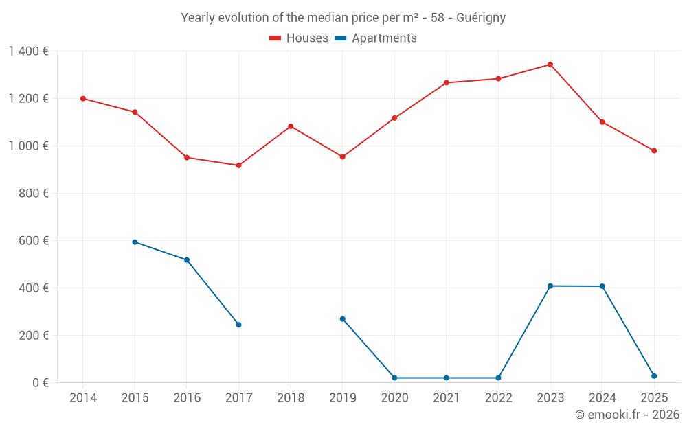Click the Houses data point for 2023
(550, 65)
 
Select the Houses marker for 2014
(83, 98)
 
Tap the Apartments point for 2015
(135, 242)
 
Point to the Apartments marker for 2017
(238, 325)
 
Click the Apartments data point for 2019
(343, 319)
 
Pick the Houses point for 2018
(291, 126)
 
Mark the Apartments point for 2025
(654, 376)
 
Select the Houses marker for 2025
(654, 151)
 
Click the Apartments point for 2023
(550, 286)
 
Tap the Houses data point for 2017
(238, 165)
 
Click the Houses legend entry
(299, 38)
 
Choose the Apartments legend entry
(376, 38)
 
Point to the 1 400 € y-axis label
(28, 51)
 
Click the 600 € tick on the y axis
(34, 241)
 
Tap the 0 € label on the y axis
(40, 383)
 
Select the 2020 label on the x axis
(394, 398)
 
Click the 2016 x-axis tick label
(187, 398)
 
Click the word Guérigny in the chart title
(482, 18)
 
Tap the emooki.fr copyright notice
(627, 415)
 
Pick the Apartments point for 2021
(447, 378)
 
